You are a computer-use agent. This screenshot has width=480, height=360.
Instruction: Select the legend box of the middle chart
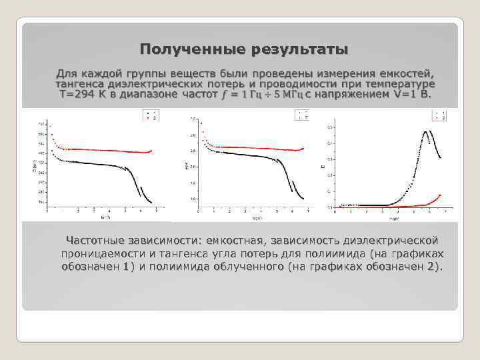(x=303, y=116)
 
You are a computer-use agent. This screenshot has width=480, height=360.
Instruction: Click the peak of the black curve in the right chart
(x=425, y=131)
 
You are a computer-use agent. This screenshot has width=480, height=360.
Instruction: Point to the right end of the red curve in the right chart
(x=441, y=195)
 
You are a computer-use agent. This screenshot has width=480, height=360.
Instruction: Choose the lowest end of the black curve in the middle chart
(x=304, y=199)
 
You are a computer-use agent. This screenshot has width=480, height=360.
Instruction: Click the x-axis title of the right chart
(x=395, y=218)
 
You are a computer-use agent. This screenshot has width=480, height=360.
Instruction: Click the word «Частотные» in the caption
(x=99, y=240)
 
